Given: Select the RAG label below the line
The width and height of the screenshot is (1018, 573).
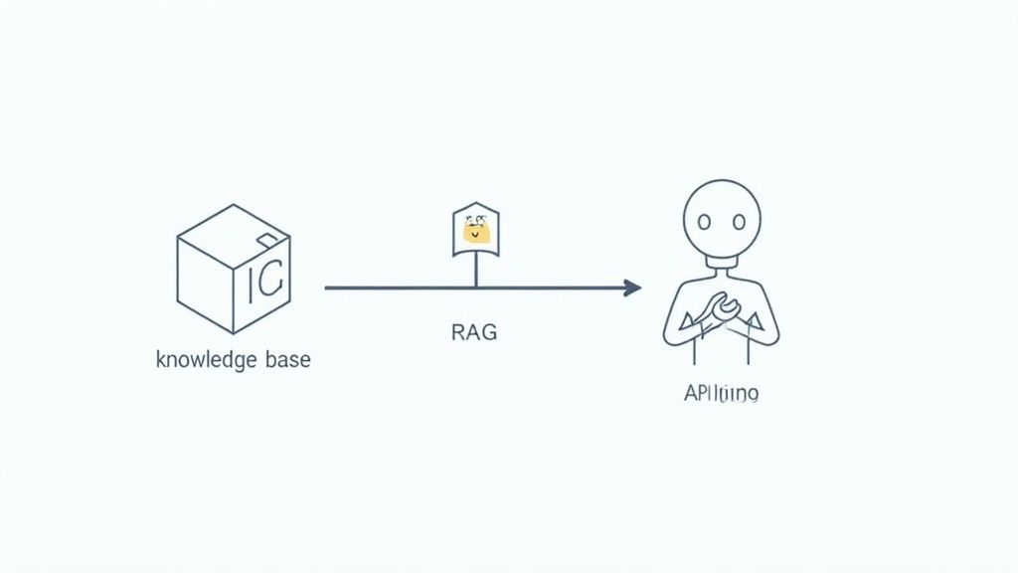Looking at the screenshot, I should (x=474, y=332).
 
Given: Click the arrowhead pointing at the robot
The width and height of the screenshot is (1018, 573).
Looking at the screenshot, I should (x=632, y=288).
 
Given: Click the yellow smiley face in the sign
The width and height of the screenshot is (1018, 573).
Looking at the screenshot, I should (x=476, y=232).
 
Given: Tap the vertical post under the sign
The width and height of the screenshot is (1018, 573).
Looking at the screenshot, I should (x=476, y=271).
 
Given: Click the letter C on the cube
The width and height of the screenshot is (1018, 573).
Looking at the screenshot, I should (x=271, y=286).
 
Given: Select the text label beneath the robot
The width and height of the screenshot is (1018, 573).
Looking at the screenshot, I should (x=722, y=394).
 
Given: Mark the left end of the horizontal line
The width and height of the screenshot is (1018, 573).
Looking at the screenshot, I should (x=328, y=288).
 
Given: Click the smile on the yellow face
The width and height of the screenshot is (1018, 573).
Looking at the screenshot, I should (x=476, y=237).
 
